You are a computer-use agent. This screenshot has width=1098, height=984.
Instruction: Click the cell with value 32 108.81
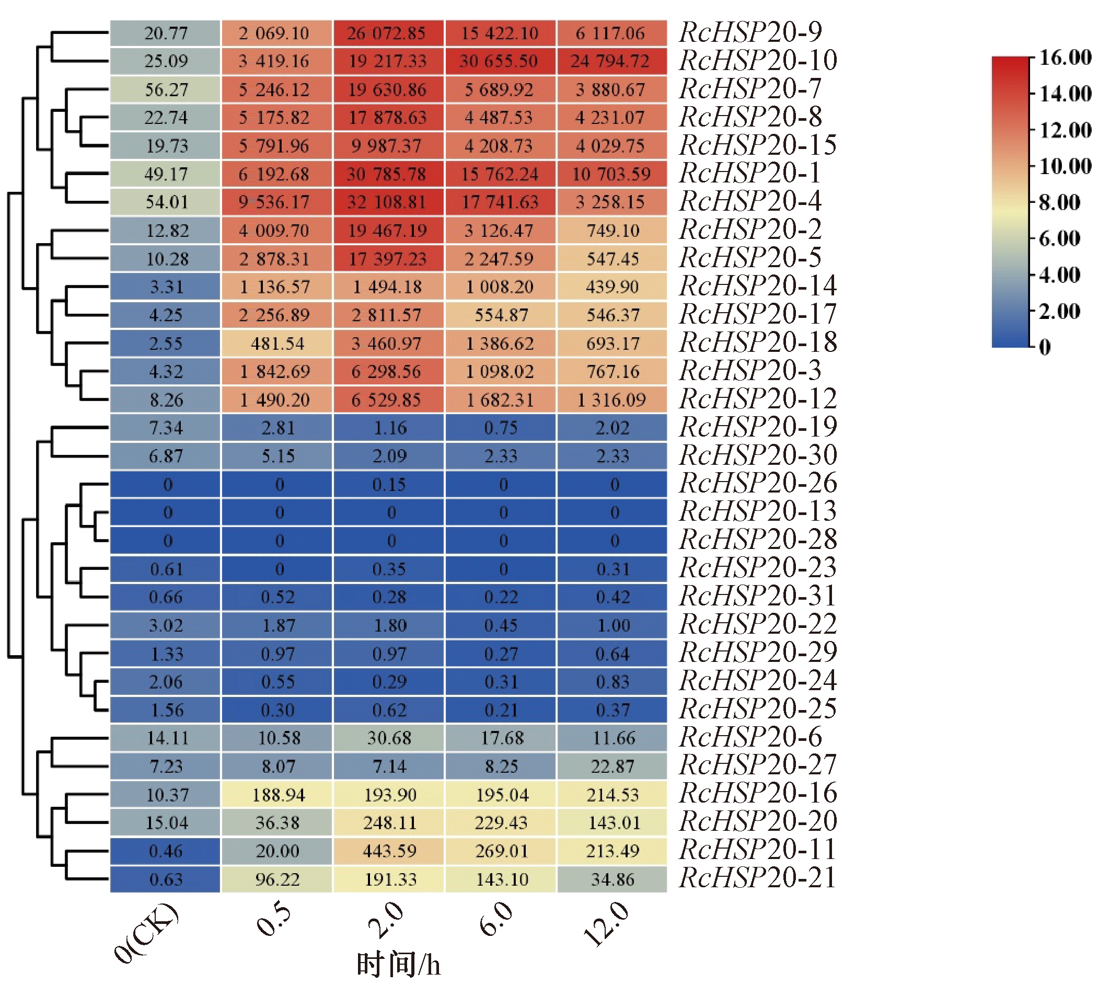[388, 202]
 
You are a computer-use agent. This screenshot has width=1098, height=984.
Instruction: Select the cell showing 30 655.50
[499, 61]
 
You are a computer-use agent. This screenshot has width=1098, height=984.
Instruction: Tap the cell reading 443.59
[388, 851]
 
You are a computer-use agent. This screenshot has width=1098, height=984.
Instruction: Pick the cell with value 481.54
[276, 344]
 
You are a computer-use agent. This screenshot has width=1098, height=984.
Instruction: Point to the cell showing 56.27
[165, 89]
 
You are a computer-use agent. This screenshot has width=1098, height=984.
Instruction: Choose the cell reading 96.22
[276, 879]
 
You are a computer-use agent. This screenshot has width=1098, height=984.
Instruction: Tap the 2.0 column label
[386, 921]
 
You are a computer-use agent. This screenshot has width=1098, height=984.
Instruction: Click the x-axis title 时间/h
[398, 966]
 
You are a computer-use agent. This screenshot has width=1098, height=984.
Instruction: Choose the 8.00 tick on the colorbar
[1059, 202]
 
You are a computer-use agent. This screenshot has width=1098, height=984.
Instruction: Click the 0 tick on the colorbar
[1045, 347]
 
